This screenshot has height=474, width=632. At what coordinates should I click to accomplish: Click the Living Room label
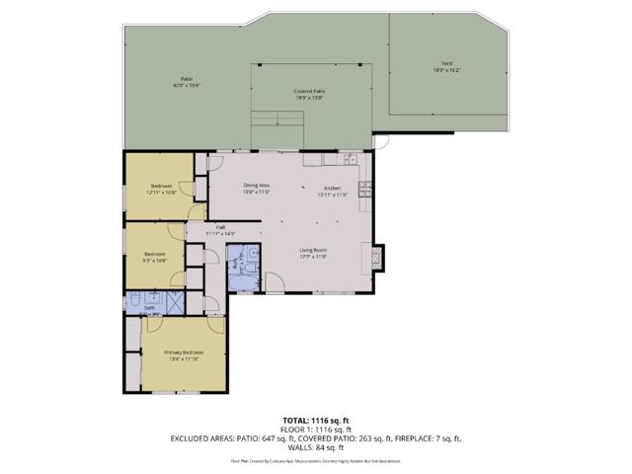(x=313, y=253)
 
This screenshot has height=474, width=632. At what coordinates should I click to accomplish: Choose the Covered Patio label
(x=309, y=94)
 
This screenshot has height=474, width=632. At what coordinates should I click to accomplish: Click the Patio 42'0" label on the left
(x=186, y=81)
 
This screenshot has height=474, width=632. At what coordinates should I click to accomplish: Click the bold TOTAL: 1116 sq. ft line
(x=315, y=420)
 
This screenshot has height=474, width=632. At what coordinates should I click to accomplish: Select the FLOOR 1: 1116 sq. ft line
(x=315, y=430)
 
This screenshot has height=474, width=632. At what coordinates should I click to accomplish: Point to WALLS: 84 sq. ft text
(x=315, y=447)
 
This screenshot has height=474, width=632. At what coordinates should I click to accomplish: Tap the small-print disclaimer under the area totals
(x=315, y=460)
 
